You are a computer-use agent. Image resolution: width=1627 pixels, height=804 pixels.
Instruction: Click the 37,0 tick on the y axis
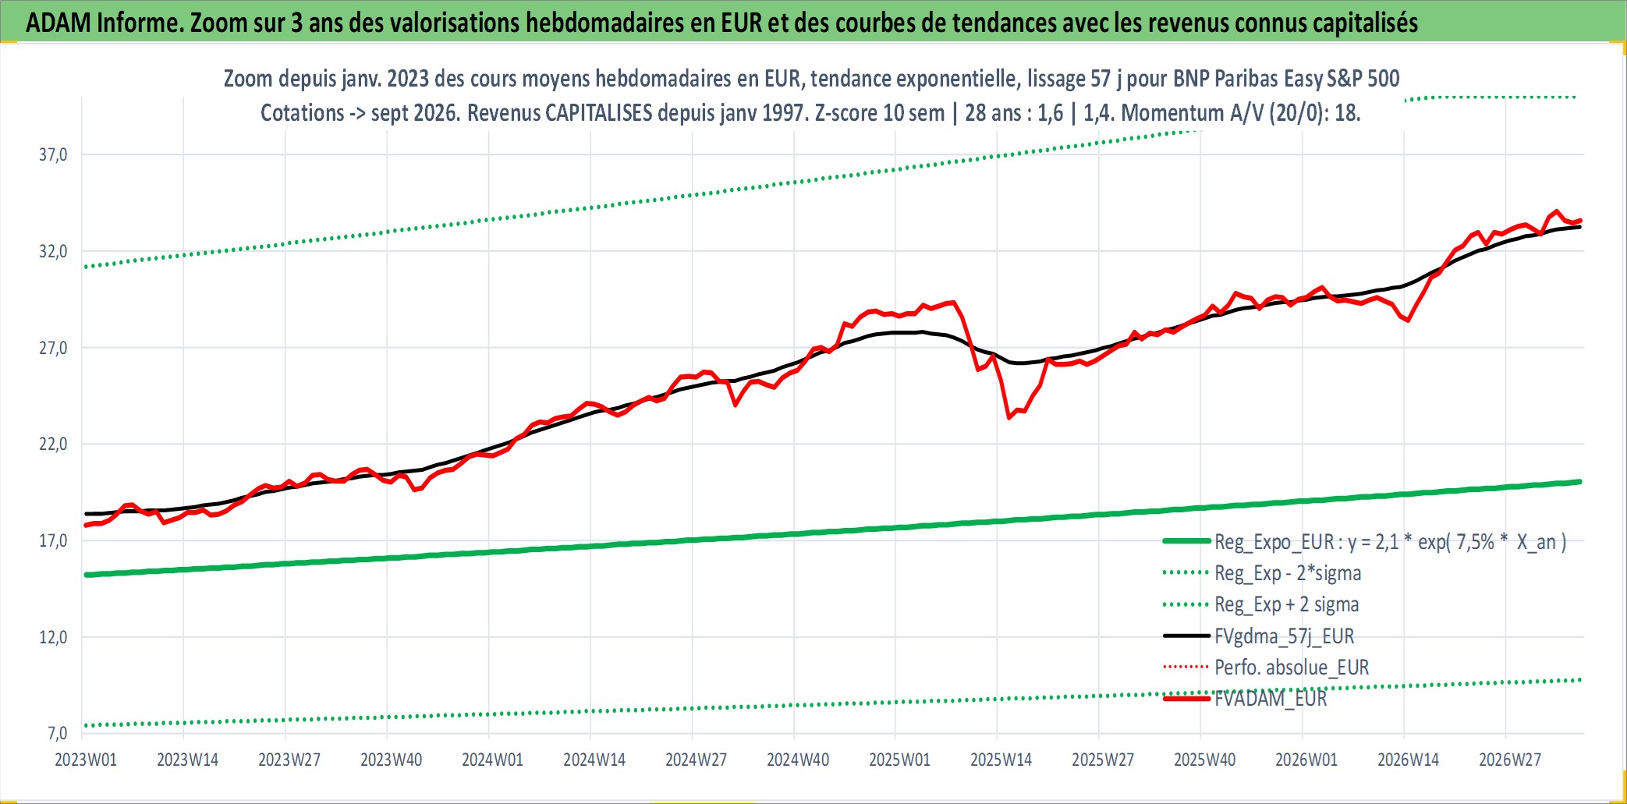point(53,154)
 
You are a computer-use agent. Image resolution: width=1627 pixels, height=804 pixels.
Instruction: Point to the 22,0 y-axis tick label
point(53,444)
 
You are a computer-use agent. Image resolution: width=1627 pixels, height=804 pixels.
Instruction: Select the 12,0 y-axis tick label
point(53,637)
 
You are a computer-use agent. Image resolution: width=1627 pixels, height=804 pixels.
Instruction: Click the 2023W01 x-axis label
point(86,760)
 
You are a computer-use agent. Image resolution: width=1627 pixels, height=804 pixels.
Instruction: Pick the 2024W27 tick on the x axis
point(696,760)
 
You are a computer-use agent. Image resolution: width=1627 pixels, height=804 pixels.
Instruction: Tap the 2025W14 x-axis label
point(1001,760)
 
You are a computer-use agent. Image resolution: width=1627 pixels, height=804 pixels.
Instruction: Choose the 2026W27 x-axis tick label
point(1510,760)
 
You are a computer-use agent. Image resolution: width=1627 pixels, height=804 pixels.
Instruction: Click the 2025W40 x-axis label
point(1204,760)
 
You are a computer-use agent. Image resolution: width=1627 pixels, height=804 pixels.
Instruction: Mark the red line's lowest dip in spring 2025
point(1009,418)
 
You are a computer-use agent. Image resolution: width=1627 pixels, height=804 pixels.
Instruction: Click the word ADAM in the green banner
point(58,23)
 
